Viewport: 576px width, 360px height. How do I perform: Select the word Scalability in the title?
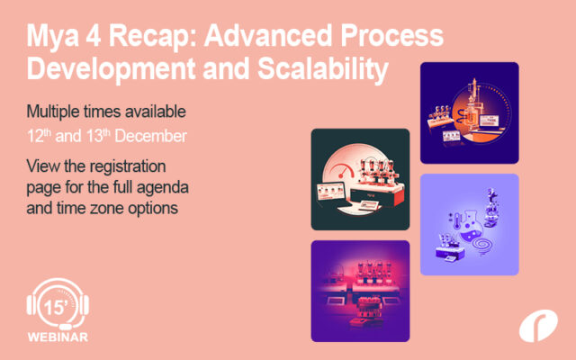323,69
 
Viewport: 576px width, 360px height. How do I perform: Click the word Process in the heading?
392,35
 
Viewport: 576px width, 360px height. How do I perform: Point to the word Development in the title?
111,70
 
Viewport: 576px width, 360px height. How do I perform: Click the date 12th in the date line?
39,136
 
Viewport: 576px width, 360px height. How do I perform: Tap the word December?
150,136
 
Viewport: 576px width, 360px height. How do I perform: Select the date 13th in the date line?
98,136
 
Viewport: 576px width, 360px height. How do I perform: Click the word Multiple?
53,112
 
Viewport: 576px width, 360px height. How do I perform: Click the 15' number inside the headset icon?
56,308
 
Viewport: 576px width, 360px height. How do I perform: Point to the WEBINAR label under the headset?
58,337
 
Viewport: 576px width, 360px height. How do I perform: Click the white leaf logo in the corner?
538,326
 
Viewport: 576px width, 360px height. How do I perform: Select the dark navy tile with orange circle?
470,112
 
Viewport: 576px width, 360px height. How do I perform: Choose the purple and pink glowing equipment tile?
360,291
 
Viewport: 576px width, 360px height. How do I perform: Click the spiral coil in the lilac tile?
482,244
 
